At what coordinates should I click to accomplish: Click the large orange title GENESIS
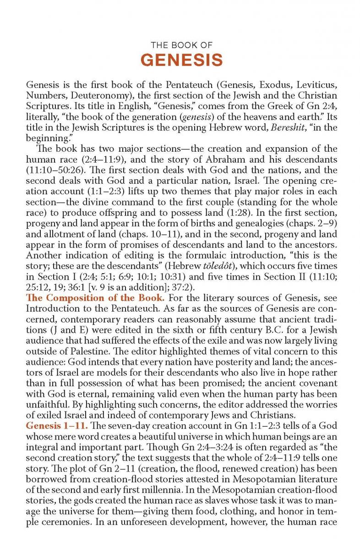click(x=181, y=60)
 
